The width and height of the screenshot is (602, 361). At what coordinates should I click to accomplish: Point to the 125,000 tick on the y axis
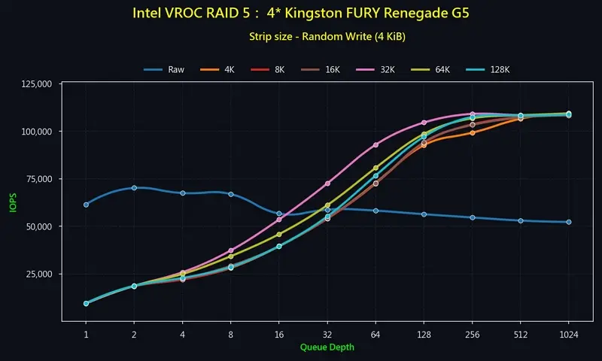coord(35,84)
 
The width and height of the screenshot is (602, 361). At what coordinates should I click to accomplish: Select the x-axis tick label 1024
coord(568,334)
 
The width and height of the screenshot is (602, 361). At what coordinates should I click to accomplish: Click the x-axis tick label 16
coord(279,334)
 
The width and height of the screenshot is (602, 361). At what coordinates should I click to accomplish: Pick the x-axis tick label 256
coord(472,334)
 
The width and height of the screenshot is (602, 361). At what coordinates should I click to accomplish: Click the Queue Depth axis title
coord(327,347)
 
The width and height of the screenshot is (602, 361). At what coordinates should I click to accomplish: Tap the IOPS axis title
coord(13,202)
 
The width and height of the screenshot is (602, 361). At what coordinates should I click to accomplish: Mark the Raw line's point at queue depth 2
coord(134,187)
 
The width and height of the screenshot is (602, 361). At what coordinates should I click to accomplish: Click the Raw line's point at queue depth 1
coord(86,205)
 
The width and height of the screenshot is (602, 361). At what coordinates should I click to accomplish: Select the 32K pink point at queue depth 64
coord(375,144)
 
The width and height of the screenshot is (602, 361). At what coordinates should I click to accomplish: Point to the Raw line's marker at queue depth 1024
coord(568,222)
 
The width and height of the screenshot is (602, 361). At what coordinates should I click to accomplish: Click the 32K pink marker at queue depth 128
coord(424,123)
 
